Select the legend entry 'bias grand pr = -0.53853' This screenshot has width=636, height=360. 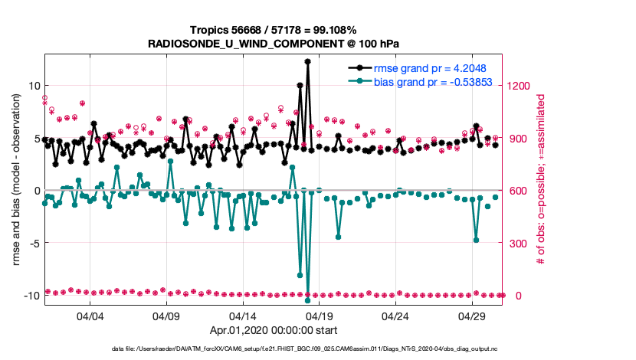tap(431, 80)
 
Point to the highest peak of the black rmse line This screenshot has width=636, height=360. tap(307, 61)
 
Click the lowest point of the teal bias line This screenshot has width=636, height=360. tap(308, 300)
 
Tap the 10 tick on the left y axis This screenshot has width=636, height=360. tap(32, 85)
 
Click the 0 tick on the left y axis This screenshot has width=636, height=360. tap(34, 191)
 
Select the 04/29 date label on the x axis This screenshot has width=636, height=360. tap(471, 316)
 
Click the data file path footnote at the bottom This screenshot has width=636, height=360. tap(273, 349)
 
